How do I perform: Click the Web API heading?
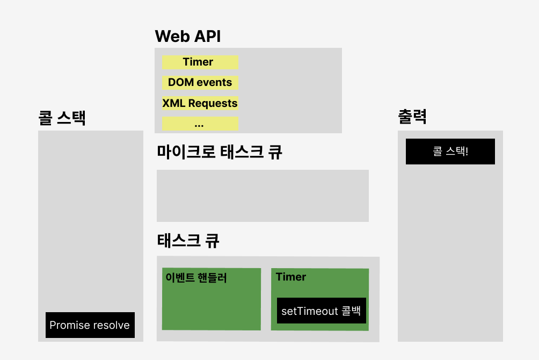(x=187, y=37)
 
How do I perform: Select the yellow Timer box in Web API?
(x=200, y=62)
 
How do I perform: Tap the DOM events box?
(x=200, y=83)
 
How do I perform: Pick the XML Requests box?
(x=200, y=103)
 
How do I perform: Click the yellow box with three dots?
(x=200, y=124)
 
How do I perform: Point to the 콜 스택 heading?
(x=62, y=118)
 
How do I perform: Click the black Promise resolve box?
(x=90, y=325)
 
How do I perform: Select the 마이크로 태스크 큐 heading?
(x=219, y=152)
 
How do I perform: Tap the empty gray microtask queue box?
(x=263, y=196)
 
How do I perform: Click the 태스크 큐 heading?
(x=188, y=240)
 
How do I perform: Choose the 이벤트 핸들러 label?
(x=196, y=278)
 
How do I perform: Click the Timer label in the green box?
(x=291, y=277)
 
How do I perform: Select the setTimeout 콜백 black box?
(x=321, y=311)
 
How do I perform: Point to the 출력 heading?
(x=412, y=117)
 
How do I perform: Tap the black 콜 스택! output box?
(x=450, y=152)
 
